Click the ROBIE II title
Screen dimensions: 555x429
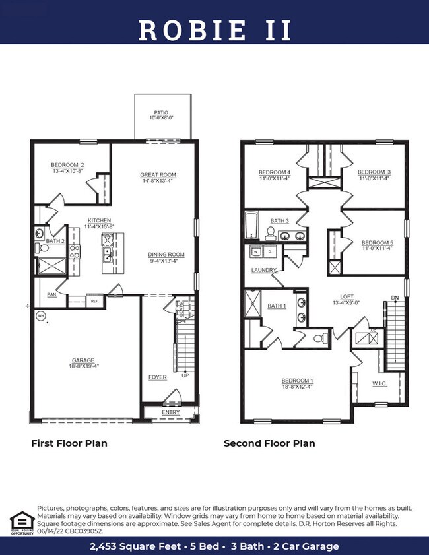coord(214,30)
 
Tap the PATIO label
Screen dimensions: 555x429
coord(162,114)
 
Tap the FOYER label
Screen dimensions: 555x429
coord(157,377)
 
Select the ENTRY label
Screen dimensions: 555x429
coord(170,412)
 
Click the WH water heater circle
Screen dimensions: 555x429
coord(40,315)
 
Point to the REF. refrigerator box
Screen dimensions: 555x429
coord(94,301)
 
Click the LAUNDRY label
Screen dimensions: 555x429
coord(263,270)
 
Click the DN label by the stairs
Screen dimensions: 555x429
coord(395,297)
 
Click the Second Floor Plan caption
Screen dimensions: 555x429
coord(269,443)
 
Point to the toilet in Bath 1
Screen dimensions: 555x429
coord(319,338)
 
